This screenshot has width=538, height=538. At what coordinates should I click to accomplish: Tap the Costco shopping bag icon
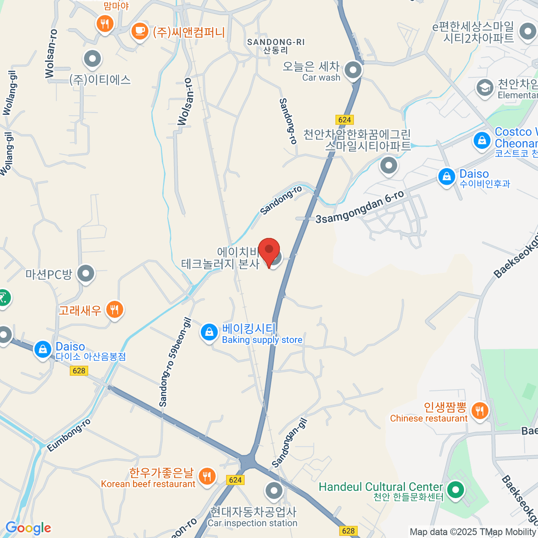point(482,141)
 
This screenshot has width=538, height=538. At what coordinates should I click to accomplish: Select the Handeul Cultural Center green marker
point(456,489)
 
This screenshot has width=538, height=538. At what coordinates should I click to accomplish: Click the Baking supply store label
point(262,340)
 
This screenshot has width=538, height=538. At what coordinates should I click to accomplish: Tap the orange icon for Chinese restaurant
point(480,410)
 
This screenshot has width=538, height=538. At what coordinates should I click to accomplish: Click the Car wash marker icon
point(353,70)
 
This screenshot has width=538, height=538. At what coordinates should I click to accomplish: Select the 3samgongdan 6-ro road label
point(360,207)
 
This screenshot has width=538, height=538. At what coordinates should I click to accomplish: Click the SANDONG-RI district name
point(276,43)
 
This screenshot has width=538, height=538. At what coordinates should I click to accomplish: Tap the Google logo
point(28,528)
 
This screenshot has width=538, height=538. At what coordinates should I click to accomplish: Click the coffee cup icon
point(139,31)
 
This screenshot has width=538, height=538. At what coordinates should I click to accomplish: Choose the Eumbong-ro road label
point(69,435)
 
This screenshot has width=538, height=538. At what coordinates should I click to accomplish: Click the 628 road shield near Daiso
point(79,370)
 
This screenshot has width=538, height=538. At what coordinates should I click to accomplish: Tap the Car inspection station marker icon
point(273,491)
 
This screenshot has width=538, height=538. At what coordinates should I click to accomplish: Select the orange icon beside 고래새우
point(115,309)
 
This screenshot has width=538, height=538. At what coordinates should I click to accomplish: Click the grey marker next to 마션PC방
point(85,273)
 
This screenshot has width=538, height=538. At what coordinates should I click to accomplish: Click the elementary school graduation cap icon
point(485,88)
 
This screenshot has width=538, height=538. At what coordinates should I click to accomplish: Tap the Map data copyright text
point(473,532)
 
